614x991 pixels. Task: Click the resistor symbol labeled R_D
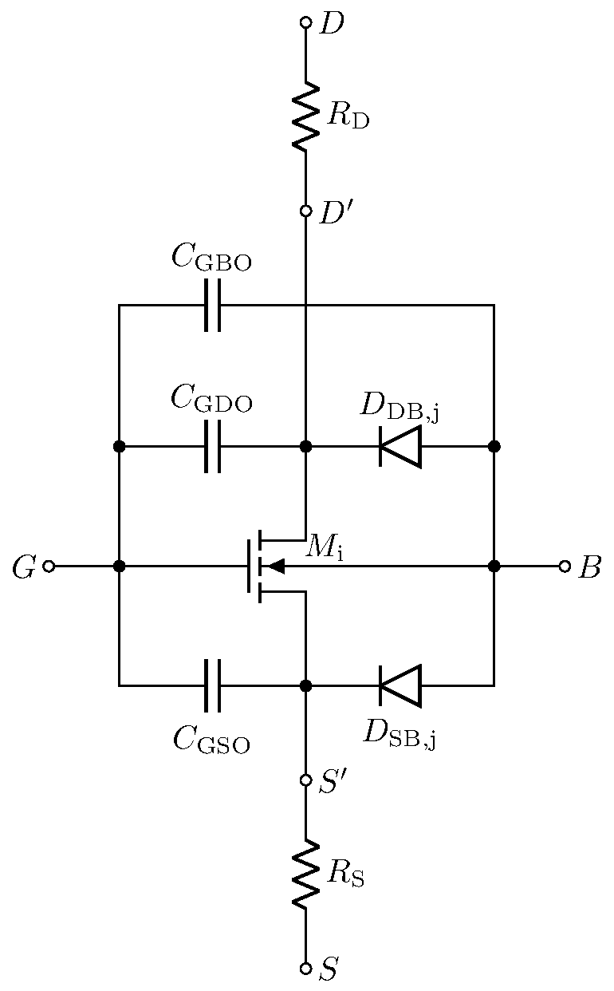tap(305, 116)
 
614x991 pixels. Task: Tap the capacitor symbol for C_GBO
tap(212, 305)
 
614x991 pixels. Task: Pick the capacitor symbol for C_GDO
tap(212, 446)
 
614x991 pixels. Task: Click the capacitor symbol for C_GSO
tap(212, 685)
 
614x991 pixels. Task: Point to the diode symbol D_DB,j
tap(399, 446)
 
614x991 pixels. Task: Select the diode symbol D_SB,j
tap(399, 685)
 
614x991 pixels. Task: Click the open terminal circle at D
tap(305, 22)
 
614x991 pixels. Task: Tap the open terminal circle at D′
tap(305, 211)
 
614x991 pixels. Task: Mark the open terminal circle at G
tap(49, 566)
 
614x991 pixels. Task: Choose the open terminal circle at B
tap(565, 566)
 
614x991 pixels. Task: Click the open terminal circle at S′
tap(305, 780)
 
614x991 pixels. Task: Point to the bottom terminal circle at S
tap(305, 968)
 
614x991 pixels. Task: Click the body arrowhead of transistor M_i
tap(275, 566)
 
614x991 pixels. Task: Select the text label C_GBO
tap(211, 259)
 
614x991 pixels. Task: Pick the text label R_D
tap(348, 117)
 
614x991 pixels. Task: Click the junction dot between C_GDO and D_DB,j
tap(305, 446)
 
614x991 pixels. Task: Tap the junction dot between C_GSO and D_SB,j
tap(305, 685)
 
